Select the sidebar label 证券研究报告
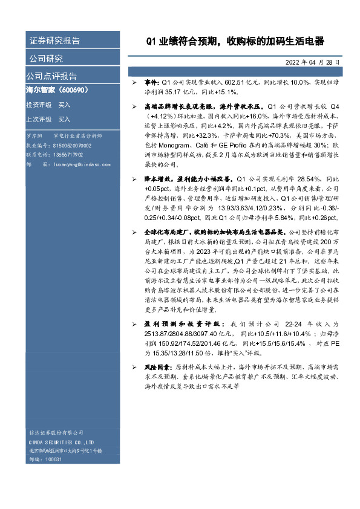point(54,41)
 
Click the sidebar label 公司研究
point(46,59)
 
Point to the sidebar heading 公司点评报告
point(51,76)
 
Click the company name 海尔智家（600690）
point(57,90)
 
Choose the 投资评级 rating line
point(48,105)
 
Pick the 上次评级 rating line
point(48,119)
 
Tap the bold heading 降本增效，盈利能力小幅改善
point(188,180)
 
